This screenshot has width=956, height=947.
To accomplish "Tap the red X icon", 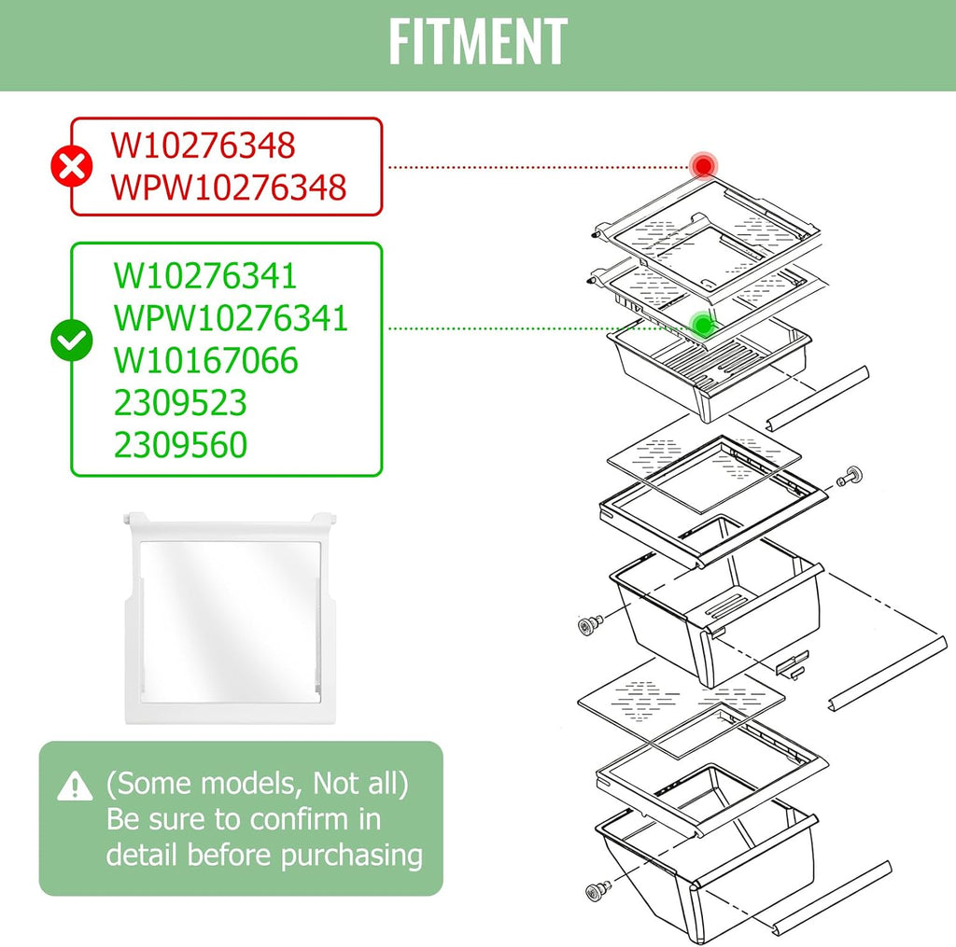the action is [x=72, y=166].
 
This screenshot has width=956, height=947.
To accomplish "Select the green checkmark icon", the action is [x=72, y=340].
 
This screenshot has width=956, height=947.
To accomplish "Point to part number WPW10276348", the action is [x=229, y=188].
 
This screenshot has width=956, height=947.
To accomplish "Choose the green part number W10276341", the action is [x=205, y=275].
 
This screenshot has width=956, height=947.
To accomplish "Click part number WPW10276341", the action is [x=232, y=317].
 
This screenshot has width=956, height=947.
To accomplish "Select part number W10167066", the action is [x=206, y=359].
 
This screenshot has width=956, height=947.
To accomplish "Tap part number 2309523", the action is [x=180, y=402].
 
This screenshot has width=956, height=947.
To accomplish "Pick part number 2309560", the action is [x=180, y=444].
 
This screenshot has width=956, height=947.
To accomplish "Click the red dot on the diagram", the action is [x=704, y=165].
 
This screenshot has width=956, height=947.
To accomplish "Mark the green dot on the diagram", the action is [x=703, y=326].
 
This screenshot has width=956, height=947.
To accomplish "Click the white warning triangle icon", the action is [x=75, y=786].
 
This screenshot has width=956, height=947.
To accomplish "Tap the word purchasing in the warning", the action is [x=352, y=856].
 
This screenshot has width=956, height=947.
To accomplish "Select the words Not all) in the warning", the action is [x=360, y=783].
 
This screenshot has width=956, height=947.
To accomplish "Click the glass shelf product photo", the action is [x=231, y=618].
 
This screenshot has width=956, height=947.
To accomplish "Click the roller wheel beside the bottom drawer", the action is [x=597, y=891].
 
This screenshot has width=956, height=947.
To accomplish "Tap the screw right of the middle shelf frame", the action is [x=850, y=476].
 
